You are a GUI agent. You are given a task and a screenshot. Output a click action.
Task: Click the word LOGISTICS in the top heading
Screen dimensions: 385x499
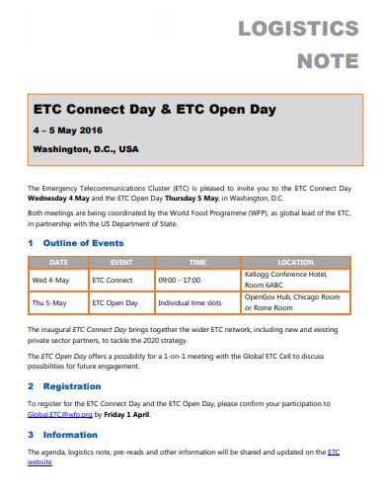point(298,28)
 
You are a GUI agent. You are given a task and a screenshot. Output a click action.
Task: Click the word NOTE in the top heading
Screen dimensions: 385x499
point(328,60)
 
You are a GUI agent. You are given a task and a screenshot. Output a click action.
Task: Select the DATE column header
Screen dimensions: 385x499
point(58,262)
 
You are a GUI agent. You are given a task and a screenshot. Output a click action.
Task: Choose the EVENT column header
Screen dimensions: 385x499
point(121,262)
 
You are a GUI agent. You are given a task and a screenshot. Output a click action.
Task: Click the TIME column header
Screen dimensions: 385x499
point(196,262)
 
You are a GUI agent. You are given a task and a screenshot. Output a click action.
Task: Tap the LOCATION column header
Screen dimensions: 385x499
point(295,262)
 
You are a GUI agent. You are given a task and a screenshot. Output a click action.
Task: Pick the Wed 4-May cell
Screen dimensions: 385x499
point(51,280)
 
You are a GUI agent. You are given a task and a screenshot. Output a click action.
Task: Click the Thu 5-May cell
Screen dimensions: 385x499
point(50,303)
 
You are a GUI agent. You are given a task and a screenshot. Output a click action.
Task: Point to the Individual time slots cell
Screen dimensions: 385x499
point(192,303)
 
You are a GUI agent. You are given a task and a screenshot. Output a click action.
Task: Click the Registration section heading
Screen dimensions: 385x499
point(71,386)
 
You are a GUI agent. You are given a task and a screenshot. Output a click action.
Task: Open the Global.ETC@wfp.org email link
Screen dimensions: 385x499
point(60,415)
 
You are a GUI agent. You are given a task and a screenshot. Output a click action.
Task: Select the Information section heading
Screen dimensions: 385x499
point(70,434)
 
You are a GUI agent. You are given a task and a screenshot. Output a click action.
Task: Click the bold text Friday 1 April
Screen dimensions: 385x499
point(127,415)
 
